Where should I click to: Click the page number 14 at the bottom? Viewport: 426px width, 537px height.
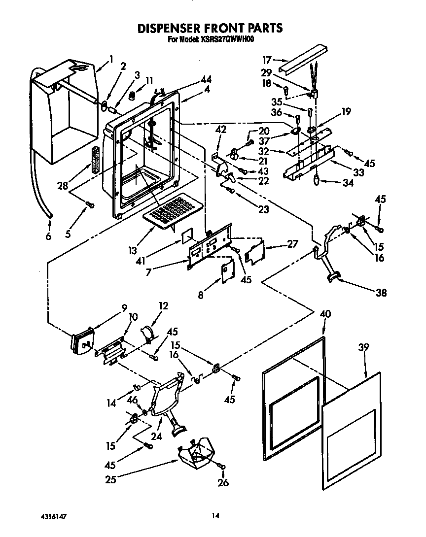point(215,516)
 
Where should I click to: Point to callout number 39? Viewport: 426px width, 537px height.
point(363,348)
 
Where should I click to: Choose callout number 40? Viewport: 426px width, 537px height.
point(325,314)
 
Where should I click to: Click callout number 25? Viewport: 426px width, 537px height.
point(110,478)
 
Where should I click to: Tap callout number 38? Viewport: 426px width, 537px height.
point(381,293)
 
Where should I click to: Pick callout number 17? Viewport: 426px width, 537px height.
point(267,60)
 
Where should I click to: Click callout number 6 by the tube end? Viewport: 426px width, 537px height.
point(48,236)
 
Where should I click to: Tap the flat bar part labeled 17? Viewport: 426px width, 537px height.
point(303,58)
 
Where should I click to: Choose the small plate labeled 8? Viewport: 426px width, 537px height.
point(228,271)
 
